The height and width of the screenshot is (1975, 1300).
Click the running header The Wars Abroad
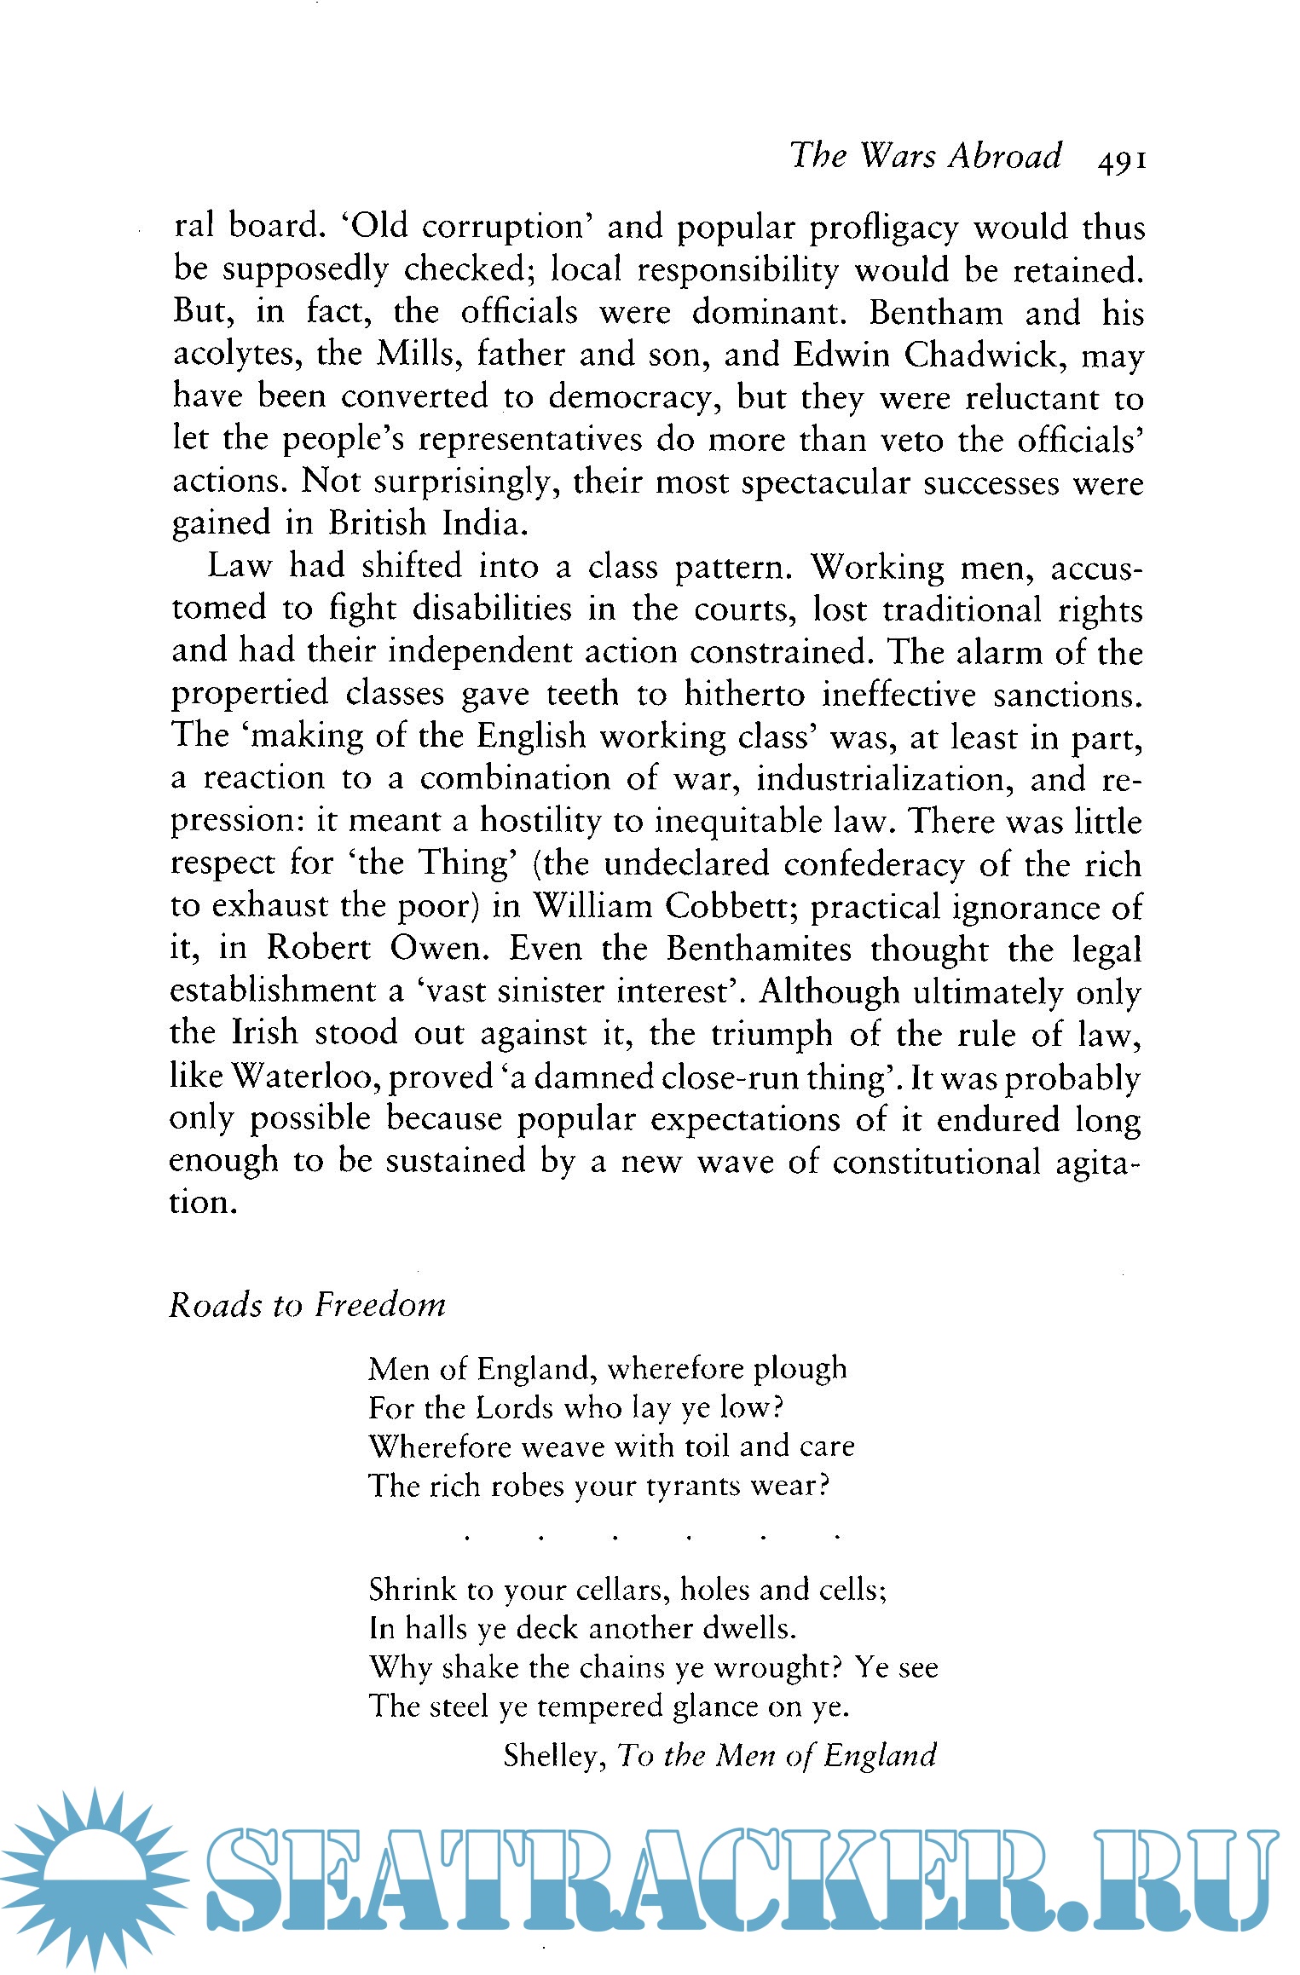pyautogui.click(x=926, y=157)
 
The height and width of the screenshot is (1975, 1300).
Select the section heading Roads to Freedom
pyautogui.click(x=307, y=1305)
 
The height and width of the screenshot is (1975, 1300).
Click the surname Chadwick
pyautogui.click(x=980, y=355)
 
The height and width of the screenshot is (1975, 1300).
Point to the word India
pyautogui.click(x=482, y=523)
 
